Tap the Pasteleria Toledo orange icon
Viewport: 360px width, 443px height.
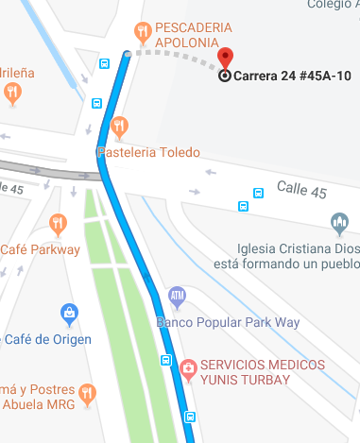point(119,127)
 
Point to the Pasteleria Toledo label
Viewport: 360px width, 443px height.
point(148,152)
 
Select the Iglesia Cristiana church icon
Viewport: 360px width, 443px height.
point(340,224)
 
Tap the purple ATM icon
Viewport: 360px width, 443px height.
point(177,298)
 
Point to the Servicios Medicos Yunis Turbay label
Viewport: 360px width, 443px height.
point(264,373)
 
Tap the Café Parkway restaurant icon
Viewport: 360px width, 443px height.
point(58,224)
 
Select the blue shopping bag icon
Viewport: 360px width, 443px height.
point(68,313)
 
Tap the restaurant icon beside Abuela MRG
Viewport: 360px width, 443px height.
point(88,393)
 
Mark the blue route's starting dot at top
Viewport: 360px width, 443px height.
point(128,54)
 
